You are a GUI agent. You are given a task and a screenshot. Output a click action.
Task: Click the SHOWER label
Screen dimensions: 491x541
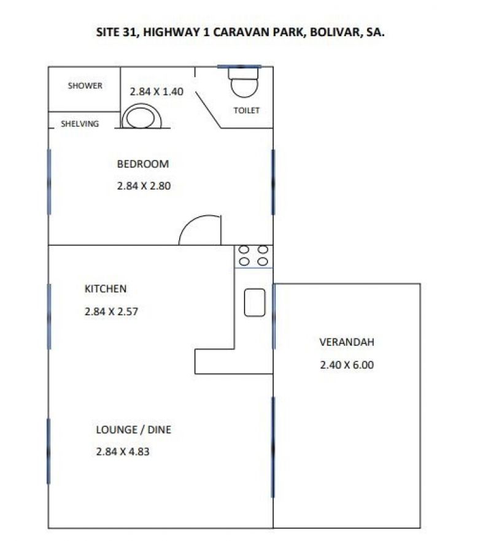coord(85,86)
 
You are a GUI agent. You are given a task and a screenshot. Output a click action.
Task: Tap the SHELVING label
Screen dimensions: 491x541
coord(80,124)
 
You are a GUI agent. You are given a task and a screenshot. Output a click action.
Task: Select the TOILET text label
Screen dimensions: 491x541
coord(246,110)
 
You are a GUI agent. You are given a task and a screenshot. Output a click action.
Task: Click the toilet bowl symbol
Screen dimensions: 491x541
coord(244,82)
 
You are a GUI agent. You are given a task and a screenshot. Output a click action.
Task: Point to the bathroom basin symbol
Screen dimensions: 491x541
coord(141,117)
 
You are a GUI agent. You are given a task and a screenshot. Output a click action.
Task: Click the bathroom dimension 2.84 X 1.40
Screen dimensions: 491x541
coord(157,92)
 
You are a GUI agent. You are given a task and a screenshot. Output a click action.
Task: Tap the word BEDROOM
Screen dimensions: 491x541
coord(143,164)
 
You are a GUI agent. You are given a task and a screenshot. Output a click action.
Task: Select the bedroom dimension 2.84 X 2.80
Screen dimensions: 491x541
coord(144,186)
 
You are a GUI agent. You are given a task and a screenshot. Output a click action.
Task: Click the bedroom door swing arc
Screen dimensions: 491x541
coord(193,221)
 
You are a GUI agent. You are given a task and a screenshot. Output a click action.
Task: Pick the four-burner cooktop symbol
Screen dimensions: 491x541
coord(253,256)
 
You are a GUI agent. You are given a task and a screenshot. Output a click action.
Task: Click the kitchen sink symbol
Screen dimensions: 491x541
coord(255,302)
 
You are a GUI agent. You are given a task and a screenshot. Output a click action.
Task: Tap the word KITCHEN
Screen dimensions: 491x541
coord(106,289)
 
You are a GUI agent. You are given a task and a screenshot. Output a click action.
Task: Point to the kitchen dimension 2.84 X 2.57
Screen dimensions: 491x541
coord(111,312)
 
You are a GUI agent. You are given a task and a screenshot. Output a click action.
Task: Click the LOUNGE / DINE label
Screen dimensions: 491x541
coord(134,430)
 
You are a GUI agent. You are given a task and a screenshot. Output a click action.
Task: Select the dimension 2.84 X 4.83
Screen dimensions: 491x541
coord(123,451)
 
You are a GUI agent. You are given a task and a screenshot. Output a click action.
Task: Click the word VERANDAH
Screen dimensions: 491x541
coord(347,342)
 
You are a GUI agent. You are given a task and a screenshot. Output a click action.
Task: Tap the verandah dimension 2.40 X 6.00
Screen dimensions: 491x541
coord(347,365)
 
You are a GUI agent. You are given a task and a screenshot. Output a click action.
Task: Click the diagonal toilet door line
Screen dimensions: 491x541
coord(208,110)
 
